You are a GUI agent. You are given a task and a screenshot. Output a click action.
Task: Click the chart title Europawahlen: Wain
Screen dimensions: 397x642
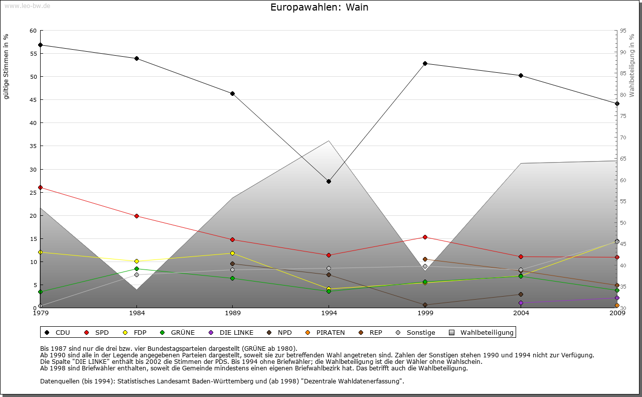(x=319, y=7)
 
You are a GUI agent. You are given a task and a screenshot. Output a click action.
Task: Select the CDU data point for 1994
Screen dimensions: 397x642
(x=329, y=181)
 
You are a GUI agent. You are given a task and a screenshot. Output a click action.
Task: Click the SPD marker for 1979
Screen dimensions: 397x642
(x=40, y=187)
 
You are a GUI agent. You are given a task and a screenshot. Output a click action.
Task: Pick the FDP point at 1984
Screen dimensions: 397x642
(x=136, y=261)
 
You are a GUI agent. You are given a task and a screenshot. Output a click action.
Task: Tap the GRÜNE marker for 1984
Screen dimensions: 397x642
(x=136, y=269)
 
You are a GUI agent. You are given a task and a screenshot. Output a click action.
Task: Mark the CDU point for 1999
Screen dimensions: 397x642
(x=425, y=63)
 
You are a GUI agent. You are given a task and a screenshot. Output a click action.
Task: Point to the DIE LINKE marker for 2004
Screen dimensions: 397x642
(x=521, y=303)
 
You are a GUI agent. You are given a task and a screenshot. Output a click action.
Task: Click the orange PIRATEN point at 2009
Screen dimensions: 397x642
(x=617, y=305)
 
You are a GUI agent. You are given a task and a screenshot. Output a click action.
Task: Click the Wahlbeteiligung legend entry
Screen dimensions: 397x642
(x=481, y=332)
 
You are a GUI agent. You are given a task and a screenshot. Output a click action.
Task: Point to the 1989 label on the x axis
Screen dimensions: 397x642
(x=233, y=314)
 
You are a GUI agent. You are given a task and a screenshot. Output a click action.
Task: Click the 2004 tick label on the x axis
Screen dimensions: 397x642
(x=521, y=314)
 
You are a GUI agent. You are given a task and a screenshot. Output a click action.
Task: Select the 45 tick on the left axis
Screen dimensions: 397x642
(x=33, y=100)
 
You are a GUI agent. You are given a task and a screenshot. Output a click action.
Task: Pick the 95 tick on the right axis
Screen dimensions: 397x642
(x=623, y=31)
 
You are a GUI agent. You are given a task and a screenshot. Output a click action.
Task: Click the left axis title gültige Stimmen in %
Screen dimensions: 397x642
(x=7, y=66)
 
